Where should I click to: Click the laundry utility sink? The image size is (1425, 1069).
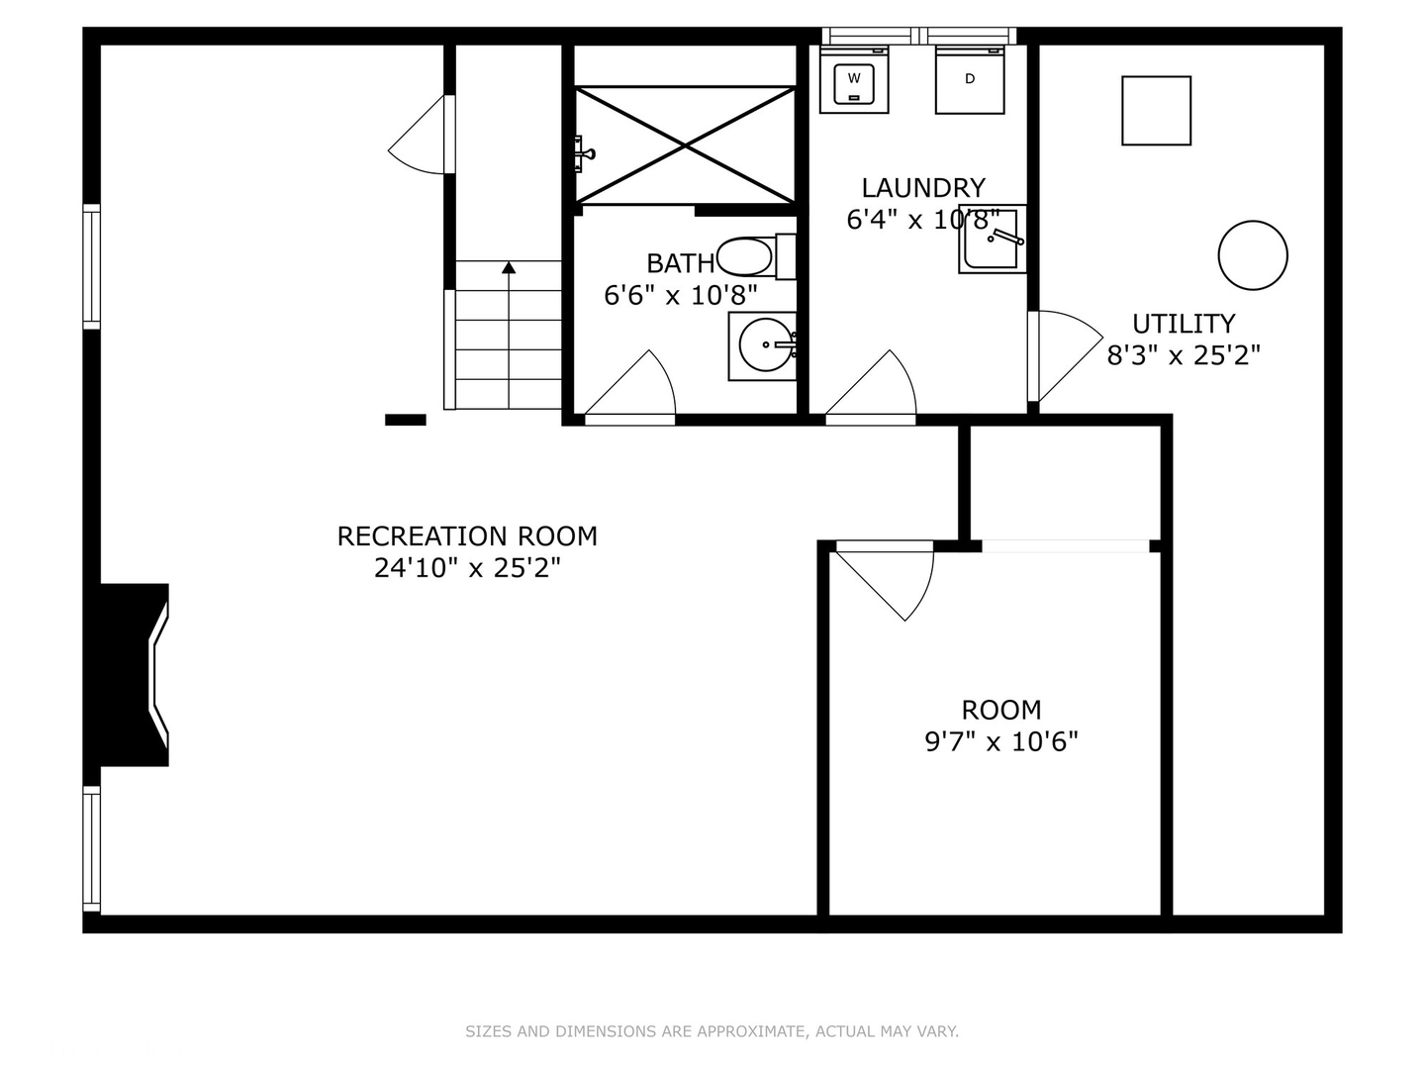pyautogui.click(x=992, y=240)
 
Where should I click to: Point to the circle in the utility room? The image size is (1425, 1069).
pyautogui.click(x=1253, y=255)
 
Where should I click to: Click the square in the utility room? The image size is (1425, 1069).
pyautogui.click(x=1156, y=111)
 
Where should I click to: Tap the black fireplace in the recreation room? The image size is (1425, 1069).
pyautogui.click(x=134, y=675)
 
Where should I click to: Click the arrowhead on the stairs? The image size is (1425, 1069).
pyautogui.click(x=509, y=266)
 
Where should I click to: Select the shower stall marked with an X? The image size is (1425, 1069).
pyautogui.click(x=686, y=146)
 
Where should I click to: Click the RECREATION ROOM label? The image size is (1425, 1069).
pyautogui.click(x=467, y=536)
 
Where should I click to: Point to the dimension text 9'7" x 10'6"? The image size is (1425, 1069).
pyautogui.click(x=1001, y=741)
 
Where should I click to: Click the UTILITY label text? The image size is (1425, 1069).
pyautogui.click(x=1184, y=324)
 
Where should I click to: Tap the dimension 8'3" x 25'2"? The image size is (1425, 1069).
pyautogui.click(x=1184, y=355)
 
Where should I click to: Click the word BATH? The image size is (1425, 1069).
pyautogui.click(x=680, y=263)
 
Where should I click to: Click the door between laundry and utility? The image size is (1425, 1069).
pyautogui.click(x=1064, y=354)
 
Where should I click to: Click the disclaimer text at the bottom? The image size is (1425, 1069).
pyautogui.click(x=712, y=1031)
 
